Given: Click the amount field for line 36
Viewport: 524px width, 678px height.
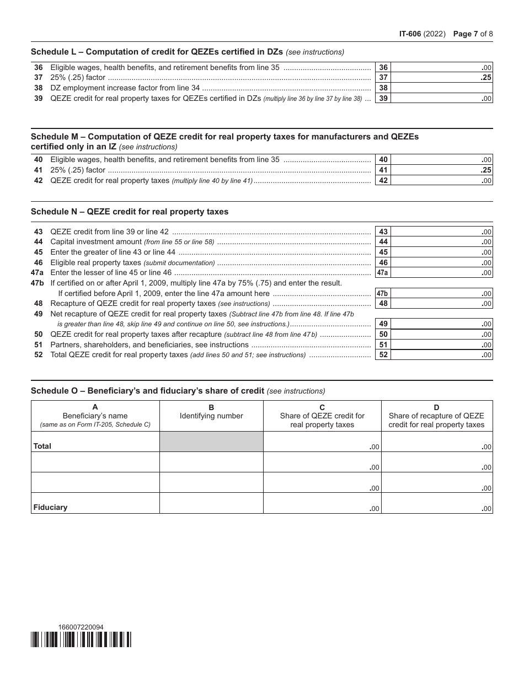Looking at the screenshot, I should point(441,67).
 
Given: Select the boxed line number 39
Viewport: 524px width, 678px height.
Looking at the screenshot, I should point(383,98).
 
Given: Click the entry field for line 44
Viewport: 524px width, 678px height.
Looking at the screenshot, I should point(441,242).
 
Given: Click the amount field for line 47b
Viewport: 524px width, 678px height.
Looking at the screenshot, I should point(441,293).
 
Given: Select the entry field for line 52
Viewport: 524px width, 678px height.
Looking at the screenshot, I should point(441,355).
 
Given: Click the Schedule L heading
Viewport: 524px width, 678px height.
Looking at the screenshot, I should point(157,52).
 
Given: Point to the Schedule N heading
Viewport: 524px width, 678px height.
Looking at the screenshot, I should point(130,212).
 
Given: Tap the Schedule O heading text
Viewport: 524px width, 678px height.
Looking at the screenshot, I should point(147,391).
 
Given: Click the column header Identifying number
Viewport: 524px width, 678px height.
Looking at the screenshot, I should point(211,416).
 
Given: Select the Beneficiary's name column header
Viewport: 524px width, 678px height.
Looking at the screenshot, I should point(95,416).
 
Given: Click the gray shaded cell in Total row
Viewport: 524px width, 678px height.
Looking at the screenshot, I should point(211,442).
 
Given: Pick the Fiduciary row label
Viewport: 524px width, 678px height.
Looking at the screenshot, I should point(50,507).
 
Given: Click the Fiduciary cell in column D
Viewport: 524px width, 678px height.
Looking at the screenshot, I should point(436,503).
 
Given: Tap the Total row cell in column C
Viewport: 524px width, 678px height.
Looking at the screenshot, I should point(322,442).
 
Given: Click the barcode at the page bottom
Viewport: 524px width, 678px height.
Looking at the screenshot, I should point(81,639).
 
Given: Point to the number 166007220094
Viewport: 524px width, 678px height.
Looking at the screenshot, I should point(81,627).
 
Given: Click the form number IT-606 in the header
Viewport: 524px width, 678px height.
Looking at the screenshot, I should point(410,34).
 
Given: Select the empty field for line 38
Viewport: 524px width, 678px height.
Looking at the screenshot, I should point(441,88).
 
